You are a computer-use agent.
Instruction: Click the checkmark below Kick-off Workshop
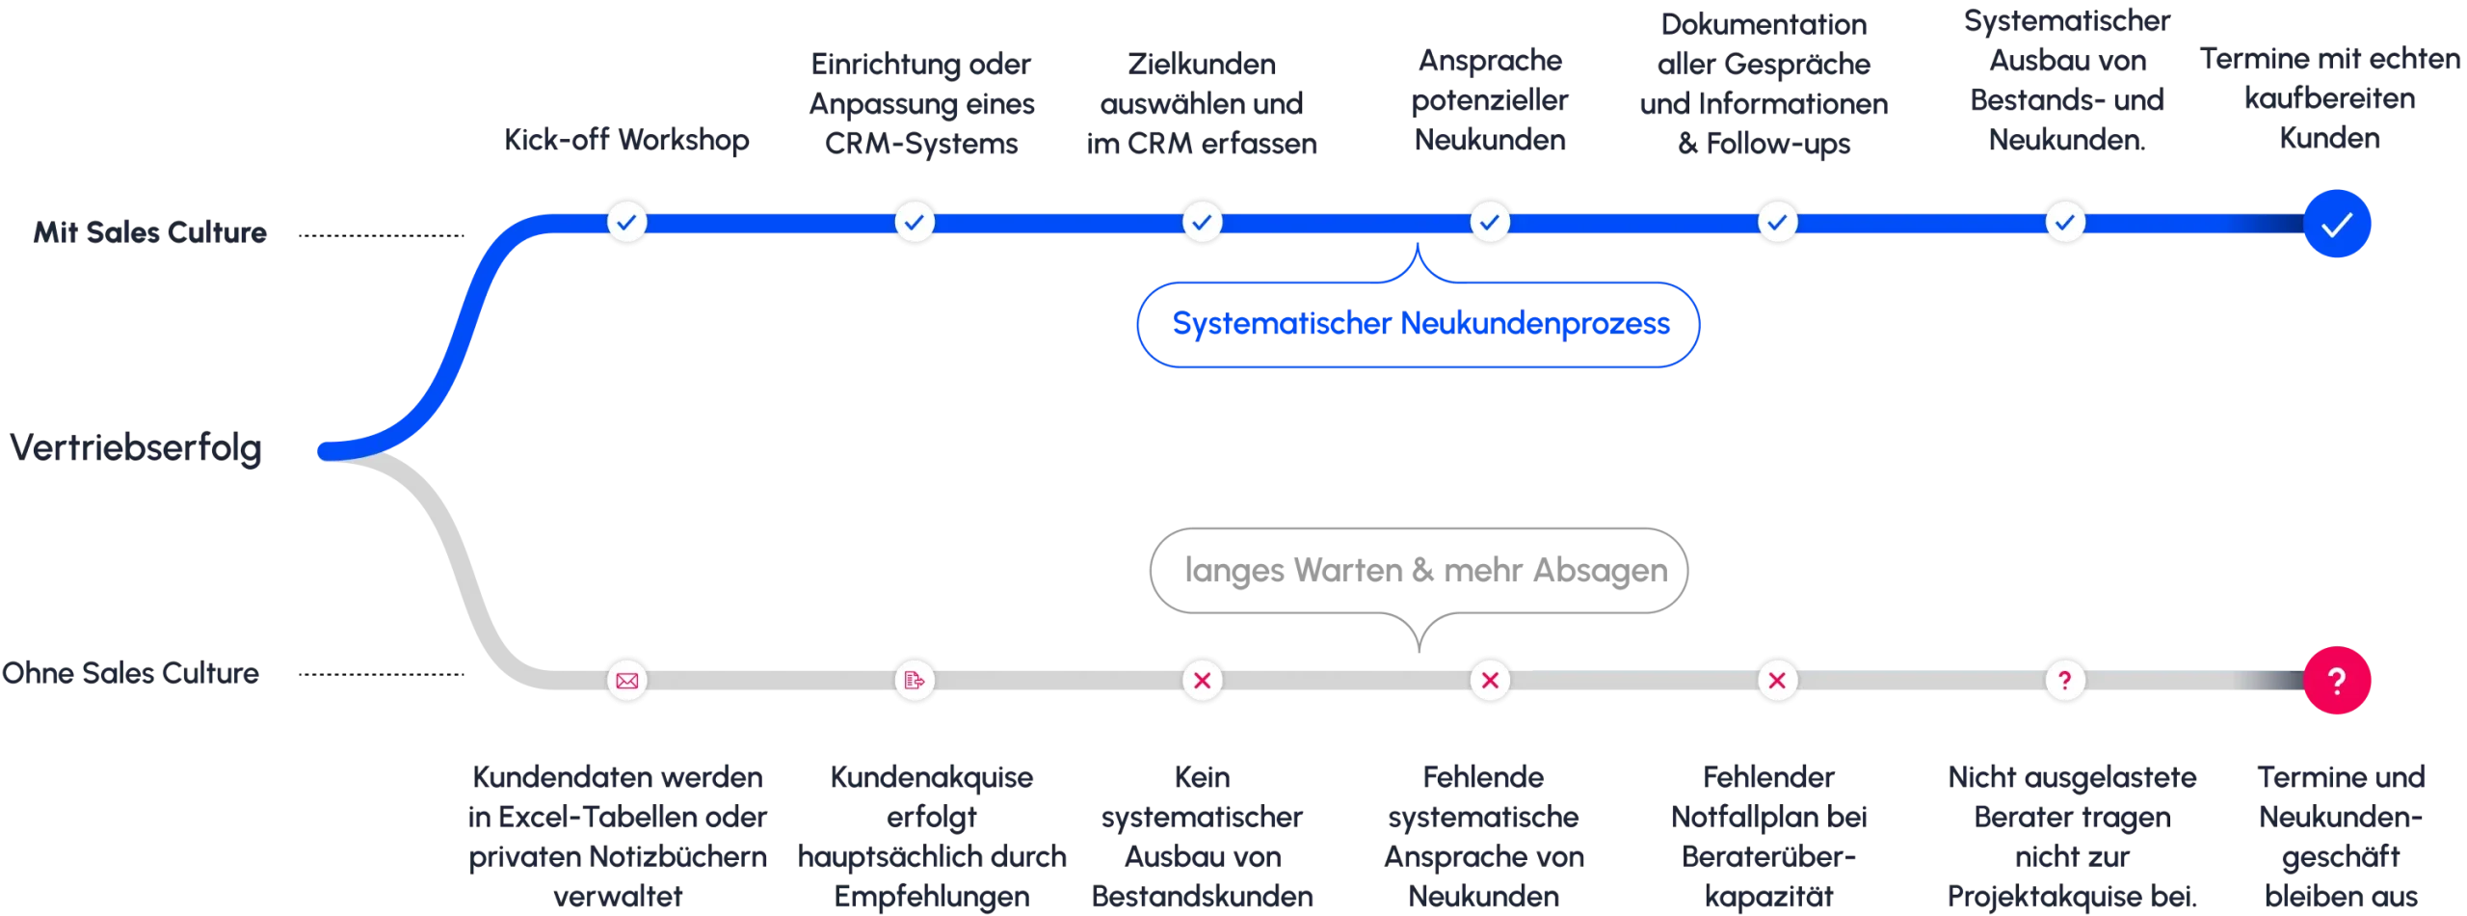626,222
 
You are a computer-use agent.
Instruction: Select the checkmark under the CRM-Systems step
914,222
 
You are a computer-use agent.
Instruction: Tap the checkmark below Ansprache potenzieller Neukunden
1489,222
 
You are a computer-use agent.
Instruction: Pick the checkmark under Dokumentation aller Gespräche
1777,222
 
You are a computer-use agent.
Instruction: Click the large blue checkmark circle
2337,225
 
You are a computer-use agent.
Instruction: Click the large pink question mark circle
2337,681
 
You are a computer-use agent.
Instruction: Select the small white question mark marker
2064,681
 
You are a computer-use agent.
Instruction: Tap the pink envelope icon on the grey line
626,681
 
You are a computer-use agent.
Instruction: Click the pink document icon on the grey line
914,681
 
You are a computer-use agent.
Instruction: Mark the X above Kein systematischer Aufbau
1202,681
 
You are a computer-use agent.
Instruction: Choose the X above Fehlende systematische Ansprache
1489,681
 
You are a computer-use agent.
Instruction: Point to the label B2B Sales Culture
149,232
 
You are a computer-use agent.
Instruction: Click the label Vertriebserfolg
135,448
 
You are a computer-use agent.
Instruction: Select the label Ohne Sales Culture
131,672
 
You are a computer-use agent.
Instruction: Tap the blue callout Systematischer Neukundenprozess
1419,324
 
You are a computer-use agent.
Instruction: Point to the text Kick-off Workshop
626,142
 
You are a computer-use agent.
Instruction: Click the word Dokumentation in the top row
1764,25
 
